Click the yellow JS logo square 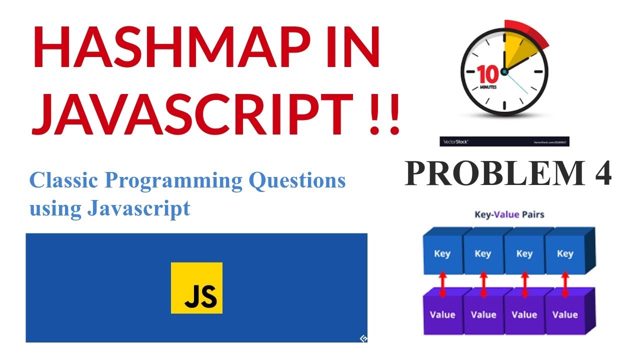click(x=196, y=287)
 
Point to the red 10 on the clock click(x=487, y=74)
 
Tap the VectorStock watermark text click(x=455, y=142)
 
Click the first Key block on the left click(x=442, y=253)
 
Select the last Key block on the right click(x=565, y=253)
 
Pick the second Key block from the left click(x=482, y=253)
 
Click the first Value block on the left click(x=442, y=314)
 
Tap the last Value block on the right click(x=565, y=314)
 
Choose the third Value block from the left click(x=524, y=314)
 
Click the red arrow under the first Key click(x=442, y=284)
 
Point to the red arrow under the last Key click(x=565, y=284)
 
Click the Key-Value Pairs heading click(x=509, y=214)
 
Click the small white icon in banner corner click(x=363, y=338)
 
